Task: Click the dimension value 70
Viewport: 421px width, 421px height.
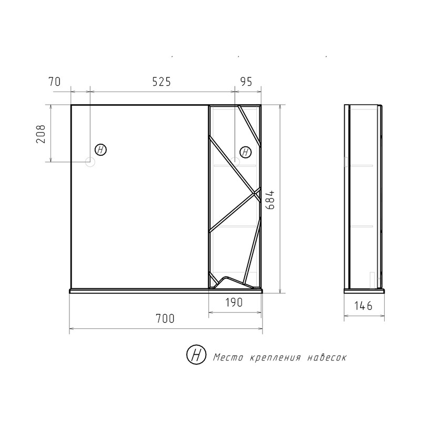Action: coord(55,82)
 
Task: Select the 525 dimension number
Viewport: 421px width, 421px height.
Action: coord(162,82)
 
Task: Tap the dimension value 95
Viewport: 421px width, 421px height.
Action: coord(246,82)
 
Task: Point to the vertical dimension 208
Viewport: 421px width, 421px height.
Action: coord(41,134)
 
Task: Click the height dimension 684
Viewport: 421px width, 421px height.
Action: coord(270,200)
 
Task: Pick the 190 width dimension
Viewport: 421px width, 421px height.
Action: coord(234,303)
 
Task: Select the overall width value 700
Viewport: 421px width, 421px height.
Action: coord(165,319)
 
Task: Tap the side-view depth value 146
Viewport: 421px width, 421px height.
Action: coord(363,306)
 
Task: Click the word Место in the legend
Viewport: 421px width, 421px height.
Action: coord(228,358)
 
